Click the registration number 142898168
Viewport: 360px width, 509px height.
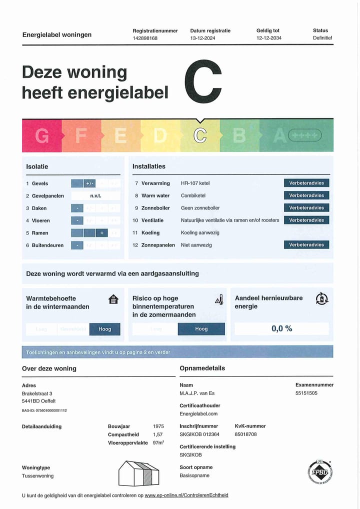145,38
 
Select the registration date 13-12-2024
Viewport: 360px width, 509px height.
202,38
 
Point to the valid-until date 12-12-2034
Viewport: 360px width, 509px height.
269,38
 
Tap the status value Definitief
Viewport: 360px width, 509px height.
322,38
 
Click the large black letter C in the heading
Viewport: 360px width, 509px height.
202,82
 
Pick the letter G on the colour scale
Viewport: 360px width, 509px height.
42,135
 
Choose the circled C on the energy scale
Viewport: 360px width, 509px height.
200,135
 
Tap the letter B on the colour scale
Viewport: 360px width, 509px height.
239,135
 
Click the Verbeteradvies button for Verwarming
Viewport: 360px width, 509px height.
306,183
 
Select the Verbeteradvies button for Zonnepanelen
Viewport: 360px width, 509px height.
306,245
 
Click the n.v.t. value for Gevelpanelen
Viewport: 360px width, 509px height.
95,196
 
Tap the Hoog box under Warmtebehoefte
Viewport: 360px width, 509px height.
105,329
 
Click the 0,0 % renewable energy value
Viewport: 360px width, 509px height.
282,328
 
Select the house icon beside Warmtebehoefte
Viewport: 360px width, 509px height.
113,299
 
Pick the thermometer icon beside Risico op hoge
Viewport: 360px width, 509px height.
218,300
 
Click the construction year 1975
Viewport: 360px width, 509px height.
158,426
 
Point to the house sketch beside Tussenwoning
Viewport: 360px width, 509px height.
138,473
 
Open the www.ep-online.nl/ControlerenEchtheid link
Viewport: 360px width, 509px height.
186,495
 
